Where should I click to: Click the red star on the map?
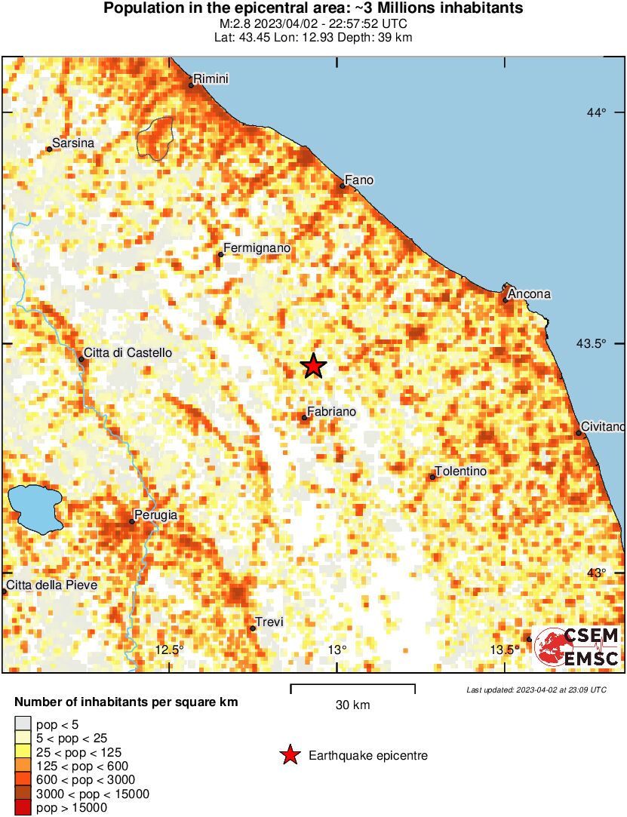click(313, 366)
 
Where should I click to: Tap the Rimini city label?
click(211, 79)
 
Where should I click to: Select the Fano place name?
click(358, 180)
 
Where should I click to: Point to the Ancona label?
click(529, 294)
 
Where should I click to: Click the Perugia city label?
click(156, 515)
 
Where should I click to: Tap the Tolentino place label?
click(462, 471)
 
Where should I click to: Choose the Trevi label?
click(269, 622)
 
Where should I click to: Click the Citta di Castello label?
click(128, 352)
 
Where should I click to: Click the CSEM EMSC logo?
click(576, 647)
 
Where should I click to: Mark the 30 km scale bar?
click(352, 686)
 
